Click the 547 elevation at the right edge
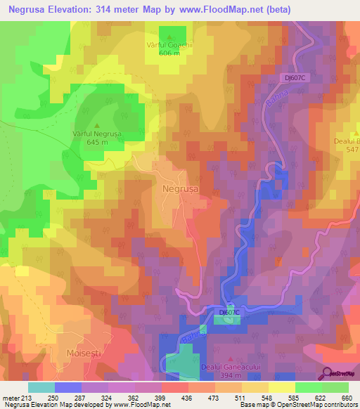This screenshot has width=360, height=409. [x=349, y=150]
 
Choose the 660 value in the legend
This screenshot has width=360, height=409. [x=345, y=398]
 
